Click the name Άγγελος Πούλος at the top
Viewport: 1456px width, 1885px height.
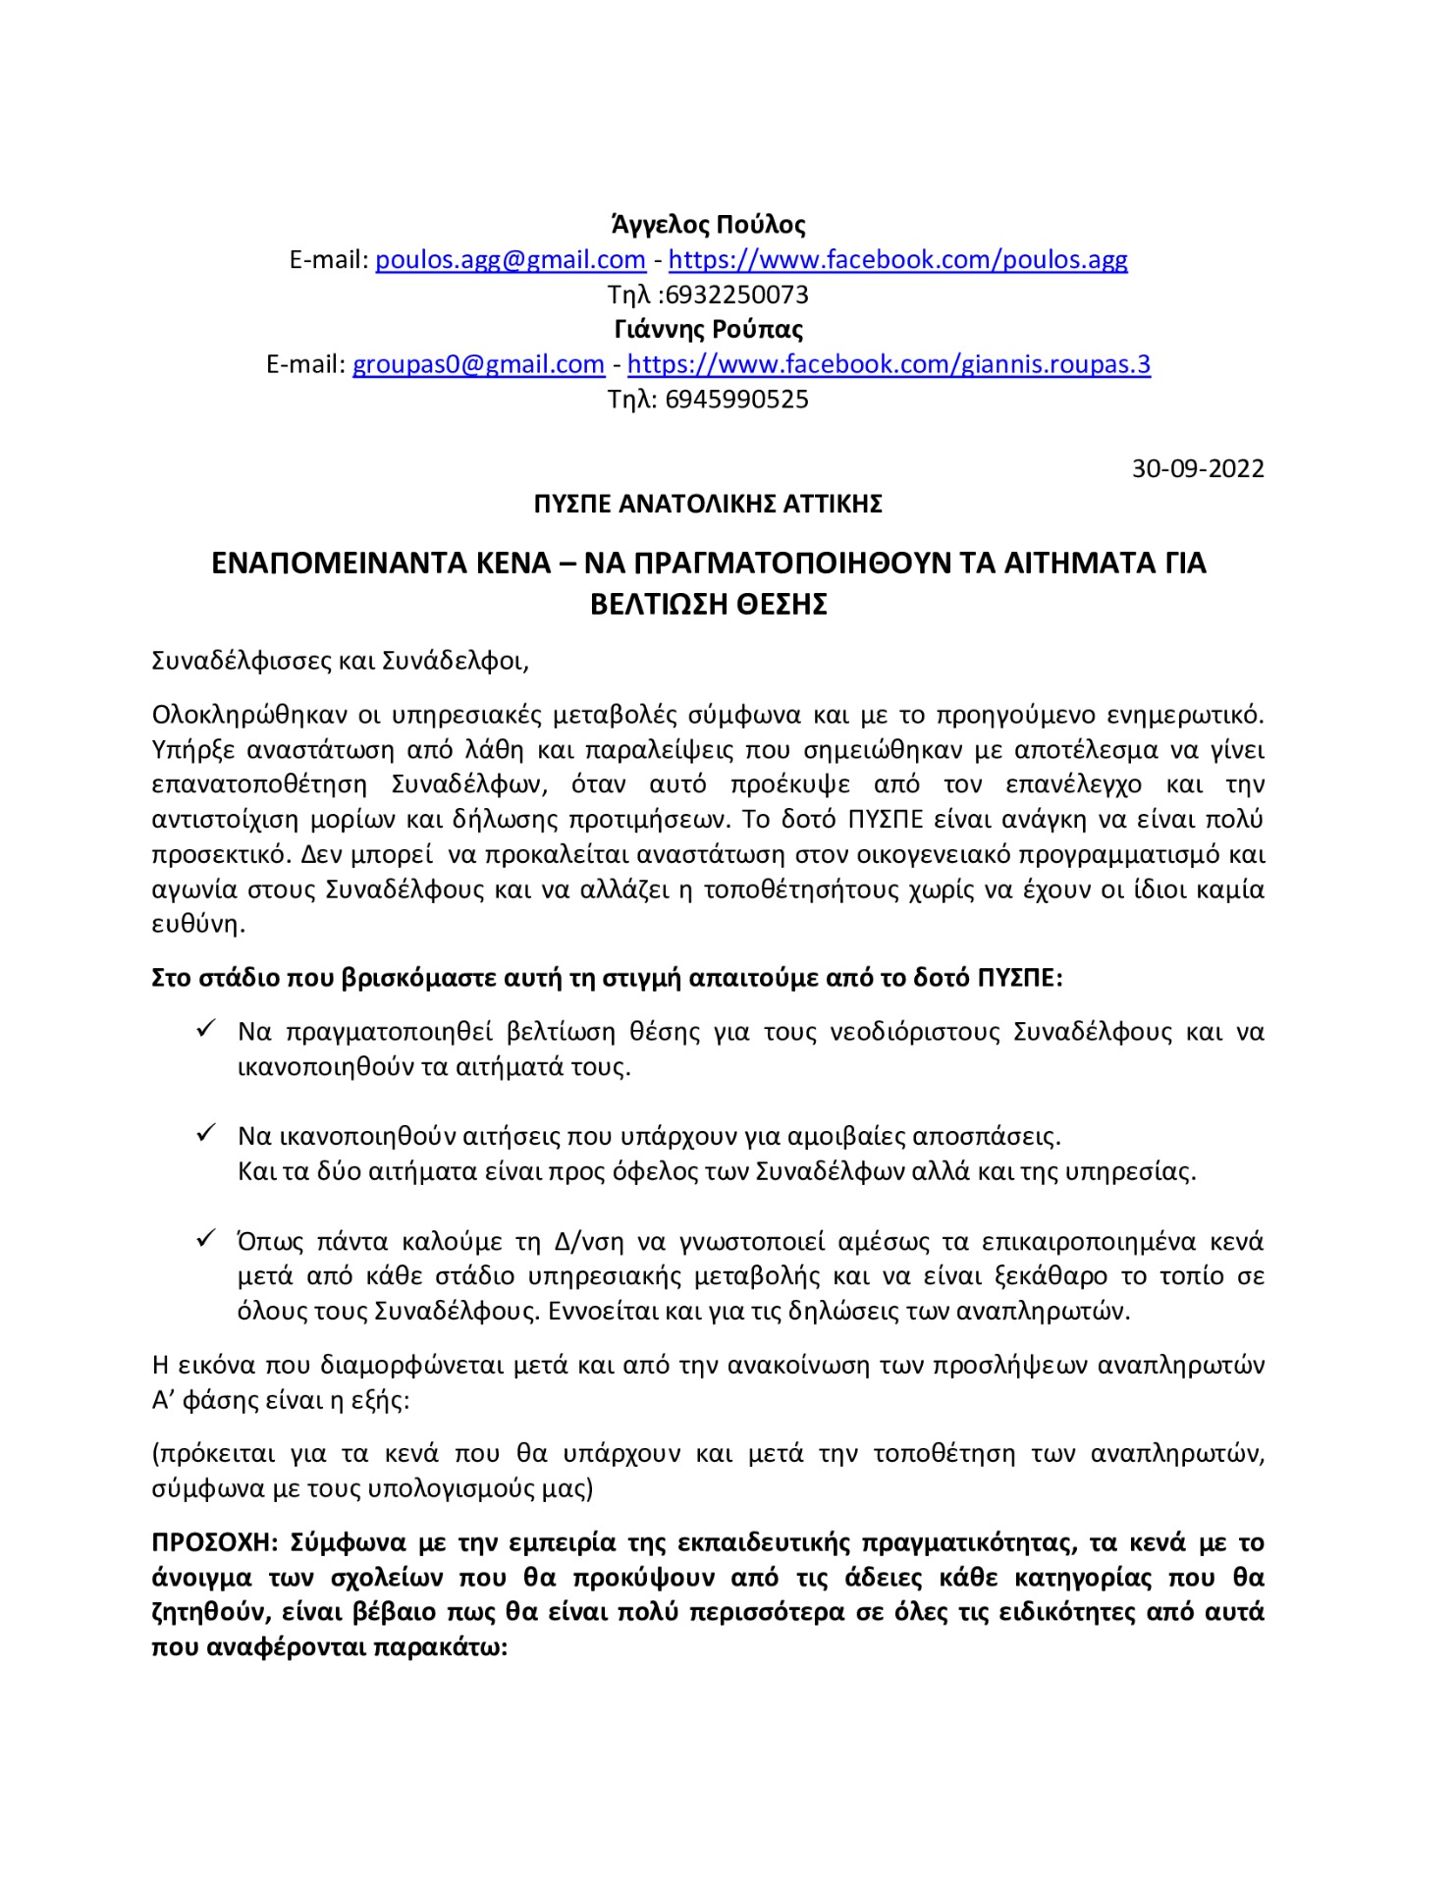708,225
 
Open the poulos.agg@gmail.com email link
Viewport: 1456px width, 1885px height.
510,260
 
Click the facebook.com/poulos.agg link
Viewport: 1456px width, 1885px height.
897,260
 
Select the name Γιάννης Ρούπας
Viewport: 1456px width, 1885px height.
708,329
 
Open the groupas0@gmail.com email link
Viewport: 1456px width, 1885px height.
478,364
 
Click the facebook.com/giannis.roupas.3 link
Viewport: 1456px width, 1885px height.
889,364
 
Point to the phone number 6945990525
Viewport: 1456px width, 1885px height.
736,400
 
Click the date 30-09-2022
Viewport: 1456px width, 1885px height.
1198,468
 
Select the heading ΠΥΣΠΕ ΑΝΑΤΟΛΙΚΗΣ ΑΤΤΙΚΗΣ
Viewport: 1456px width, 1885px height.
708,504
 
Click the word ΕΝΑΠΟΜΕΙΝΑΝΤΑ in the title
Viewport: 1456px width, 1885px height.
381,564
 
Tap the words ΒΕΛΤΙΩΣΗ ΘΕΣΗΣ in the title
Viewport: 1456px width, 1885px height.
708,604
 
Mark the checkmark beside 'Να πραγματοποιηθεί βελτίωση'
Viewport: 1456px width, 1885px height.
206,1029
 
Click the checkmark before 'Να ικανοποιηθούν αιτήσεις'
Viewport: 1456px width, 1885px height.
206,1134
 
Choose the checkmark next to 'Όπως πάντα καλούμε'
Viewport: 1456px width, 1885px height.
206,1239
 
